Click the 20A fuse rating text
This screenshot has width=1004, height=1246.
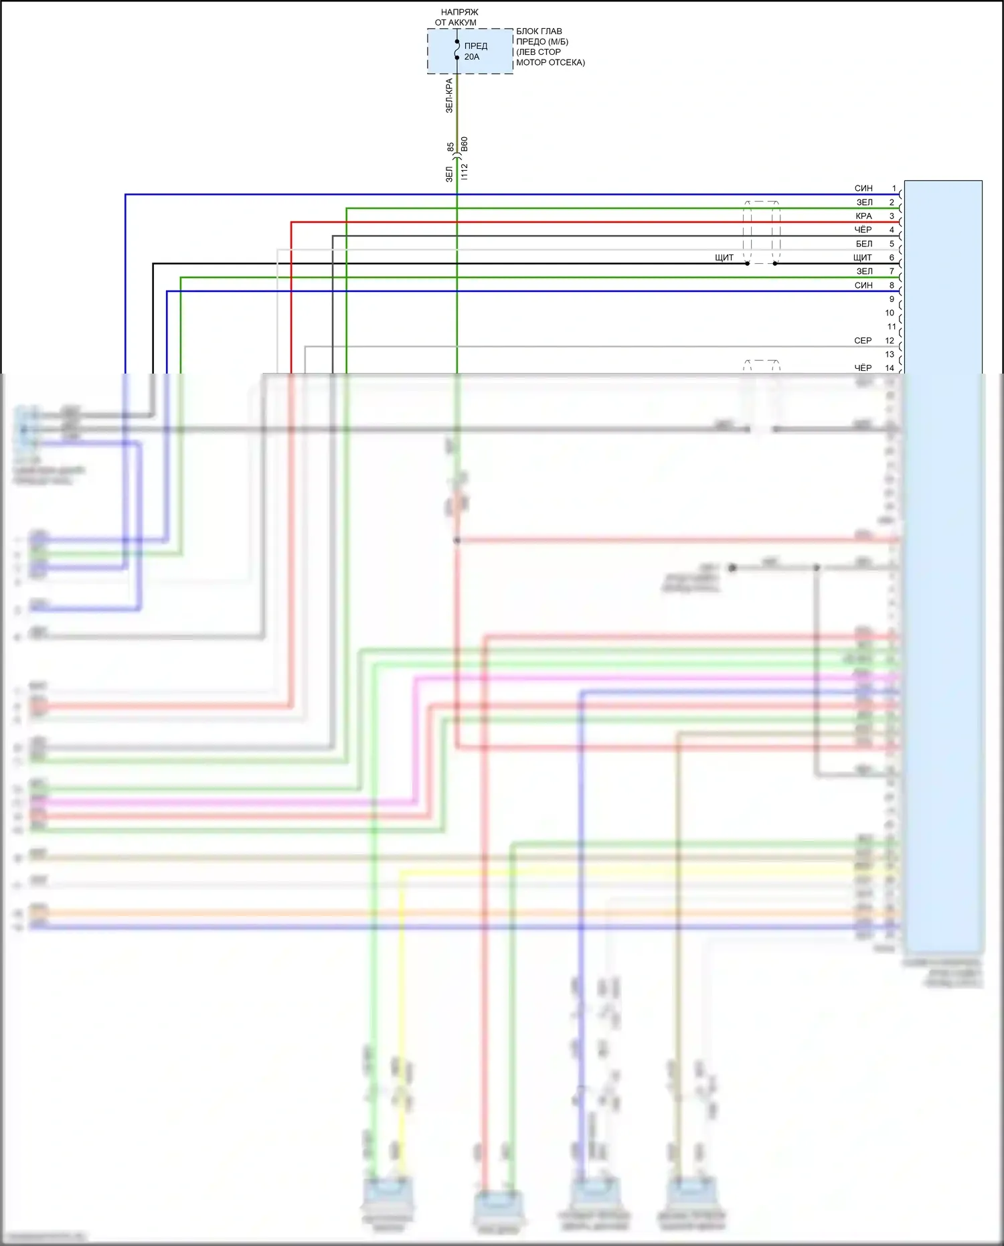472,57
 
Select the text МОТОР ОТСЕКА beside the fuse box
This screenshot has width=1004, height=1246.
550,62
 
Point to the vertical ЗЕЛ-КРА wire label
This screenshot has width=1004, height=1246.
450,95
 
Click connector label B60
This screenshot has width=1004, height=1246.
465,145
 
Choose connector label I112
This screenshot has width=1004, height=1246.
465,171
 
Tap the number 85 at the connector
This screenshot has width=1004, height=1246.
450,146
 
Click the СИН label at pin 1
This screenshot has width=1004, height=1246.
863,189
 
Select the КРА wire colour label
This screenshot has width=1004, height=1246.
863,216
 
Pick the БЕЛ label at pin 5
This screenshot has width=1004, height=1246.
864,244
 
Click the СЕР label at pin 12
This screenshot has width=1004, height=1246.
863,341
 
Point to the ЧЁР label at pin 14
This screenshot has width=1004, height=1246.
863,368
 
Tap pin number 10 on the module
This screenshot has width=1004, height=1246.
890,313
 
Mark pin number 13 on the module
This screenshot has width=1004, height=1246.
890,354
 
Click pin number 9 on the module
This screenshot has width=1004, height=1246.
892,299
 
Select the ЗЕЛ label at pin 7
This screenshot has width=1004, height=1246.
864,271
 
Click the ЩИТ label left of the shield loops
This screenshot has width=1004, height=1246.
724,258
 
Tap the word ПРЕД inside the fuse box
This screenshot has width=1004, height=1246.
476,46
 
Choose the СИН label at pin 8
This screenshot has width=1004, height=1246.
863,285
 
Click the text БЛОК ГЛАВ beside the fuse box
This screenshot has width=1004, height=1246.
539,31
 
